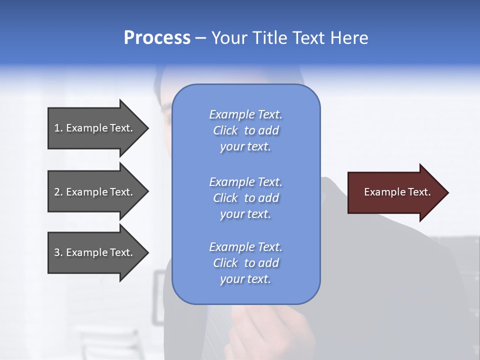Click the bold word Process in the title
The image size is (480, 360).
(157, 38)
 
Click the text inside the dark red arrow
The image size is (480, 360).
(397, 192)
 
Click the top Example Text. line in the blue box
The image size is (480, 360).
(246, 114)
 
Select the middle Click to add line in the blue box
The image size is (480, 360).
(246, 198)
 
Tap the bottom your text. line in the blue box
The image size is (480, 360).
(245, 279)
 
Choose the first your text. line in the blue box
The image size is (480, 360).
(245, 146)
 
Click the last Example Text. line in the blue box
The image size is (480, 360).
(246, 247)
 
